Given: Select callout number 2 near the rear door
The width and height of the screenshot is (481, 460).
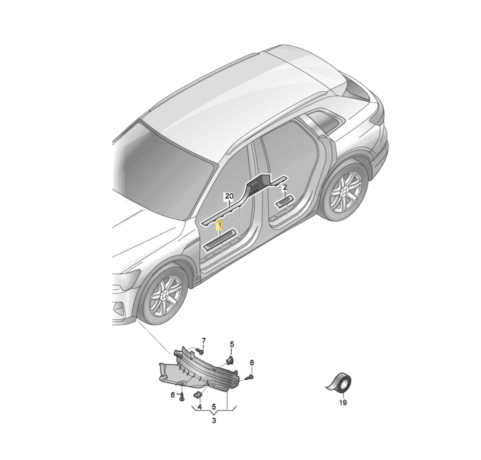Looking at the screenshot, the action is pos(285,187).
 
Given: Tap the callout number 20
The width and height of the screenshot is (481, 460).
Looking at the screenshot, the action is pos(229,196).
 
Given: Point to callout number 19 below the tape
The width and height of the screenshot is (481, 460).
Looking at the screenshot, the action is pos(343,403).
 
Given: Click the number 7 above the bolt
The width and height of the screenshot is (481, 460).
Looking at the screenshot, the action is pos(204,340).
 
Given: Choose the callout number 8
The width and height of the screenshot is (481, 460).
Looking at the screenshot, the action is pos(252,363).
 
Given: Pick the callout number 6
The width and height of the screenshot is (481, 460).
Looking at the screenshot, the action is pos(173,395).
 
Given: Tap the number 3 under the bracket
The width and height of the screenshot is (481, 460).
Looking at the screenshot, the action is pos(214,420).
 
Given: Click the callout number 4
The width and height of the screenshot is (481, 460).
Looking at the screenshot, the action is pos(200,407).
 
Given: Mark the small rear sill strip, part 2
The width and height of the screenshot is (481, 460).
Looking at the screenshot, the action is pos(284,199).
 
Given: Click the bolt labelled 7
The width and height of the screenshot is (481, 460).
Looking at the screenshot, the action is pos(200,350).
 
